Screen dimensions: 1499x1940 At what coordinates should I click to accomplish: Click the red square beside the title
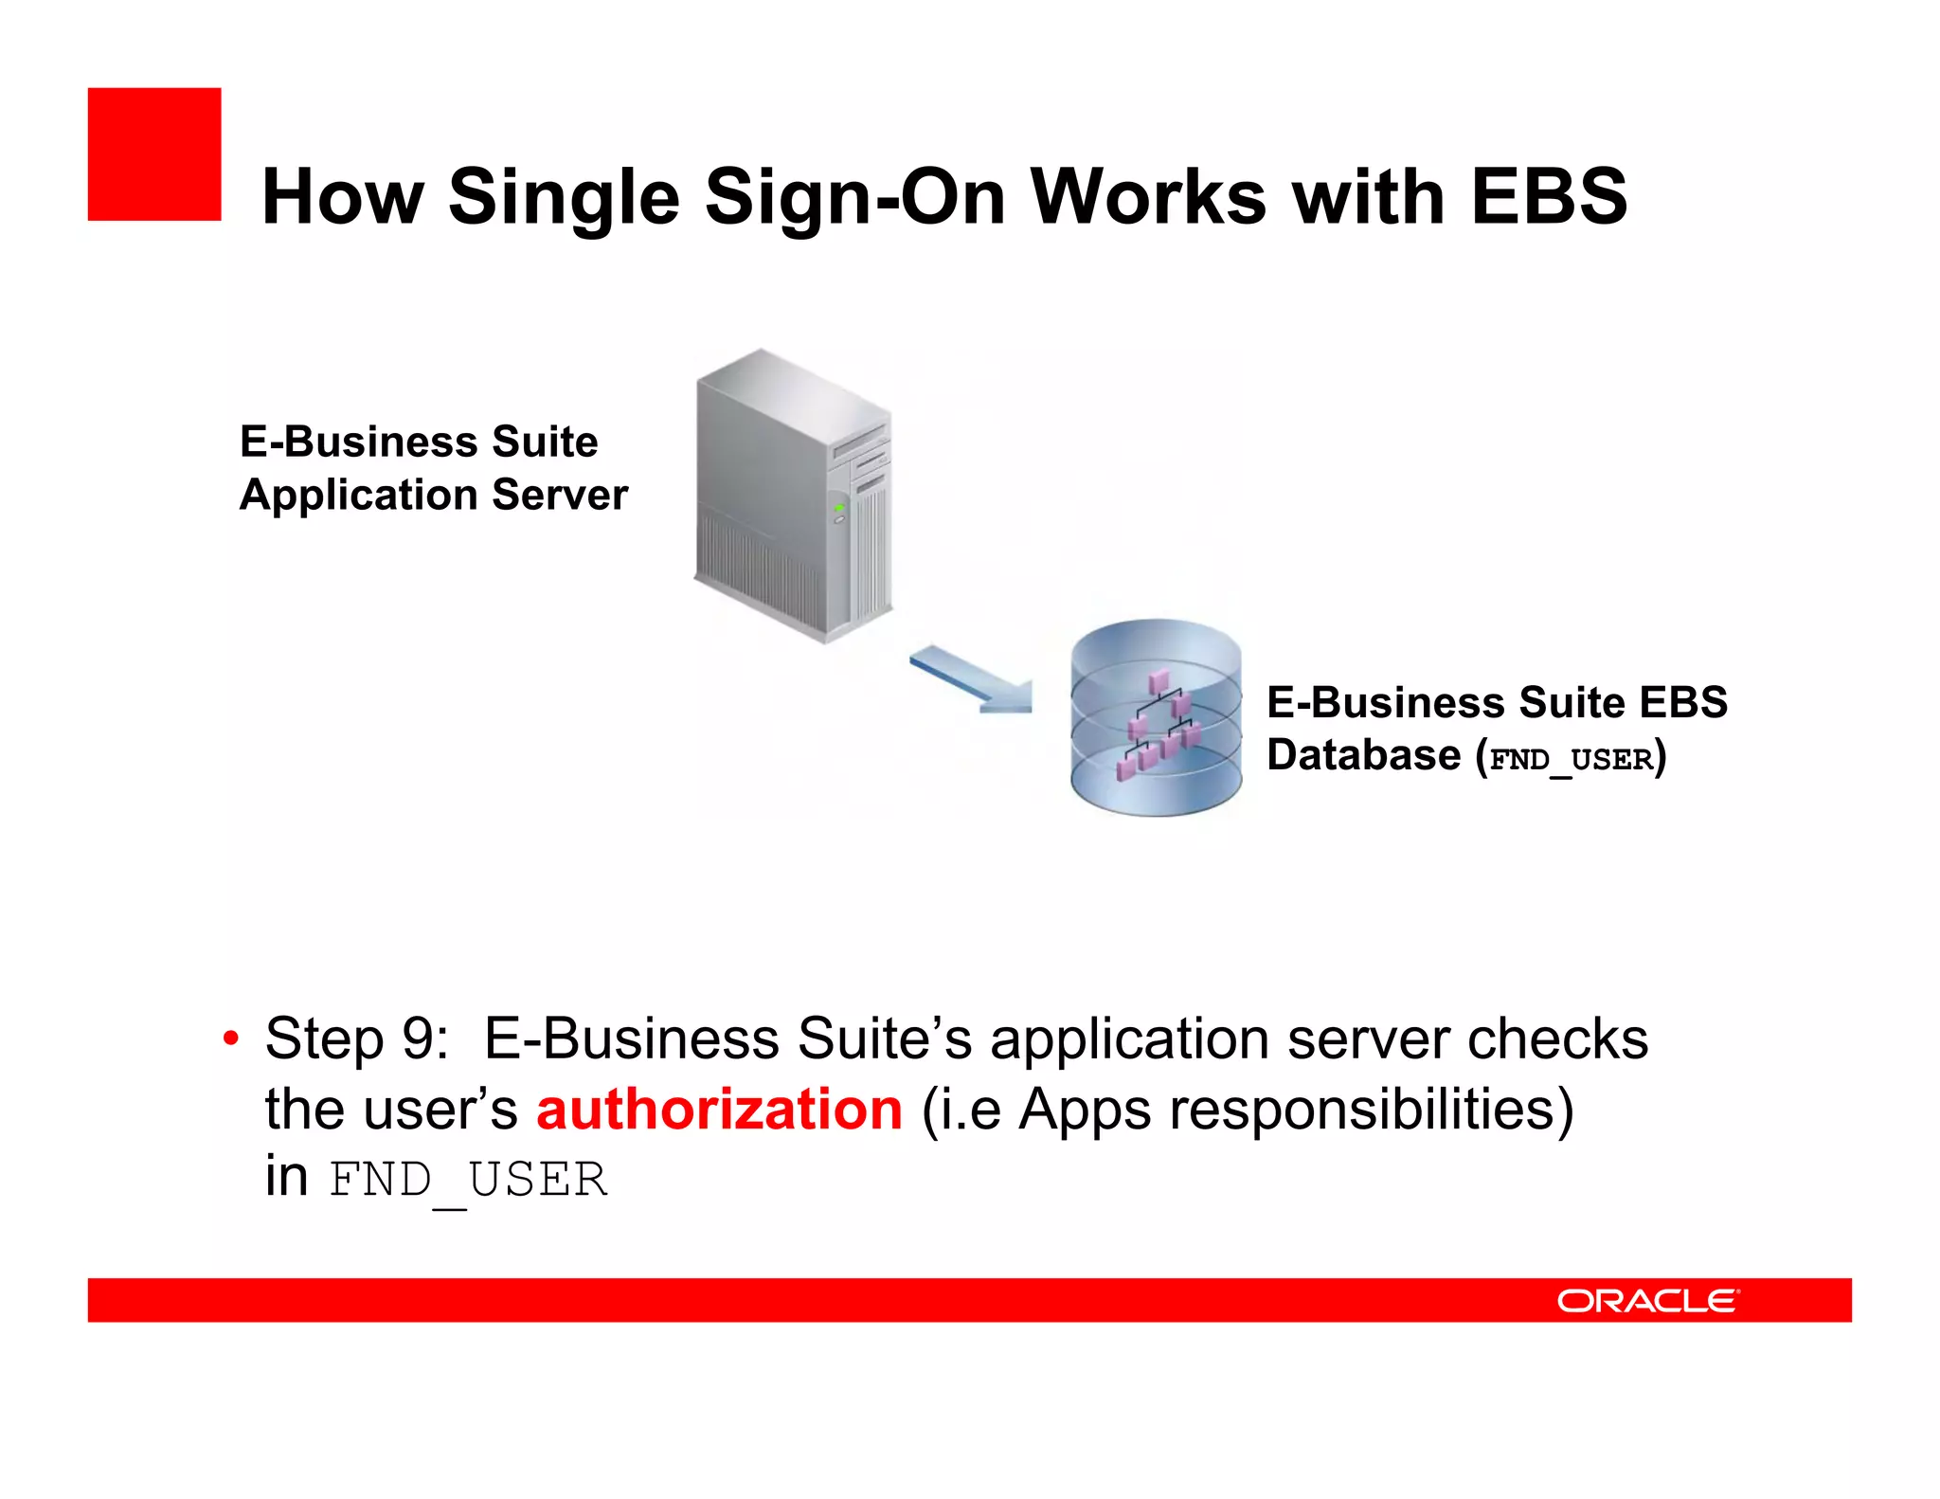point(154,154)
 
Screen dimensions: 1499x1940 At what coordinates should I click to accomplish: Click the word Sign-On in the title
point(853,197)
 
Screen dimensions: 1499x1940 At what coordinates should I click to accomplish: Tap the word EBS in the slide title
point(1549,196)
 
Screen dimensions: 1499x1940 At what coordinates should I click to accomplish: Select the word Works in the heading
point(1148,196)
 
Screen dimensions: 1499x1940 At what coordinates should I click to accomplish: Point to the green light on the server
point(838,509)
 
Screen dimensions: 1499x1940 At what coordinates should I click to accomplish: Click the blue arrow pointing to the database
point(972,678)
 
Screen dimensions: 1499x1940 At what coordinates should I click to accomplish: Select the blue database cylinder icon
point(1156,717)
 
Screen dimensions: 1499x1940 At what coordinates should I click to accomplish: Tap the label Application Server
point(433,495)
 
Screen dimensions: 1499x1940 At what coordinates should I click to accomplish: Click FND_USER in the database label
point(1572,759)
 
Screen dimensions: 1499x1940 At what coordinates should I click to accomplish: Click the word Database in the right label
point(1363,756)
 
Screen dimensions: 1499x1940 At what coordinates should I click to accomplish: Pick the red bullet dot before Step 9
point(230,1038)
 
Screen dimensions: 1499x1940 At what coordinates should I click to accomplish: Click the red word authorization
point(719,1109)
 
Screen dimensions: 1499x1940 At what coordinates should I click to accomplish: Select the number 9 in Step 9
point(419,1038)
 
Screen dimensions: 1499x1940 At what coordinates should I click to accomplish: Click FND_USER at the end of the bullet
point(468,1181)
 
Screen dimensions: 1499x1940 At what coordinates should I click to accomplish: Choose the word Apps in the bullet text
point(1085,1110)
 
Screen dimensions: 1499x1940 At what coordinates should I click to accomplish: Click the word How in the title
point(342,197)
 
